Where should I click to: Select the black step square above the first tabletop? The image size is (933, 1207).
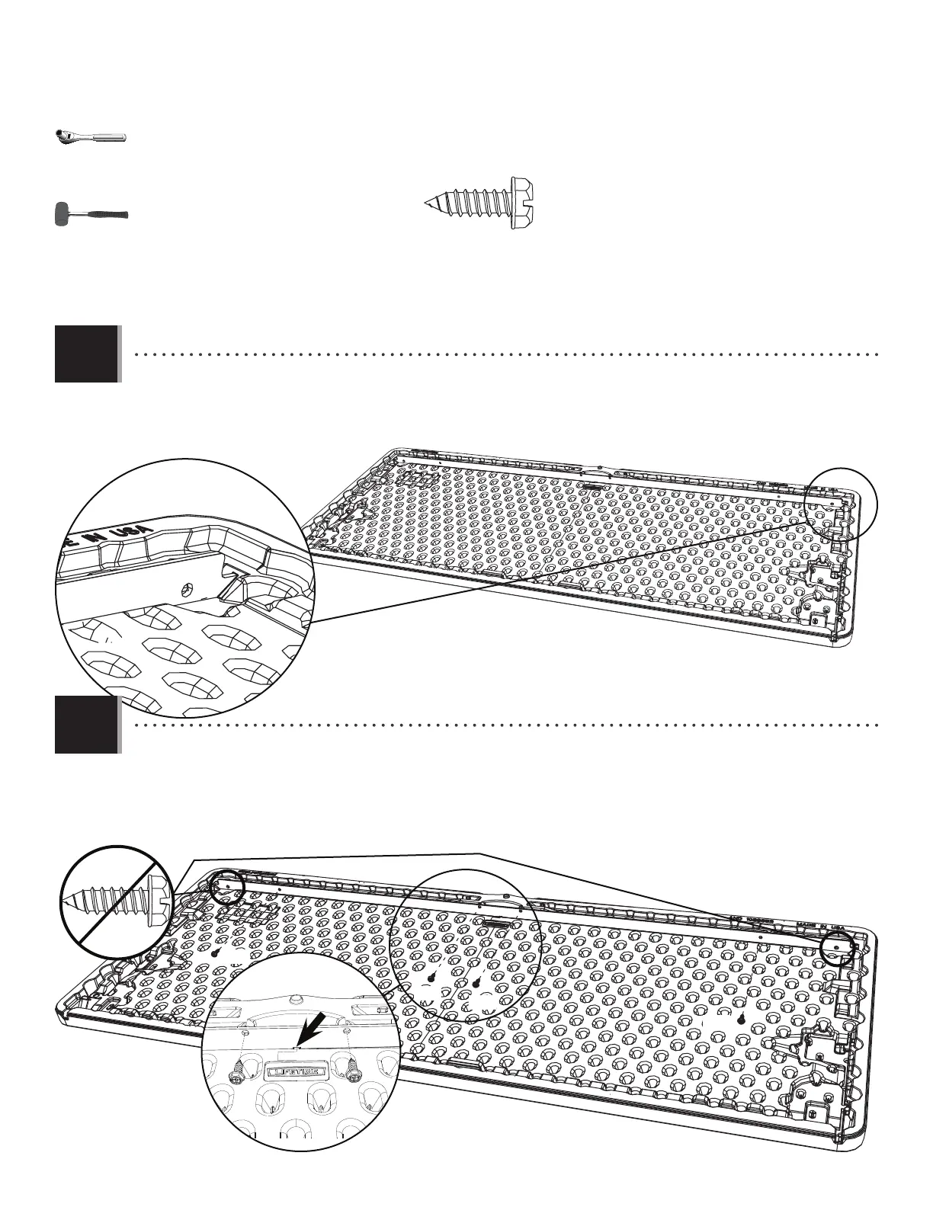pyautogui.click(x=86, y=354)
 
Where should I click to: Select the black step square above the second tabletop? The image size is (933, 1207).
pyautogui.click(x=86, y=724)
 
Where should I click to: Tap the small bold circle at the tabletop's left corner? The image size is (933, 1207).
pyautogui.click(x=226, y=886)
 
